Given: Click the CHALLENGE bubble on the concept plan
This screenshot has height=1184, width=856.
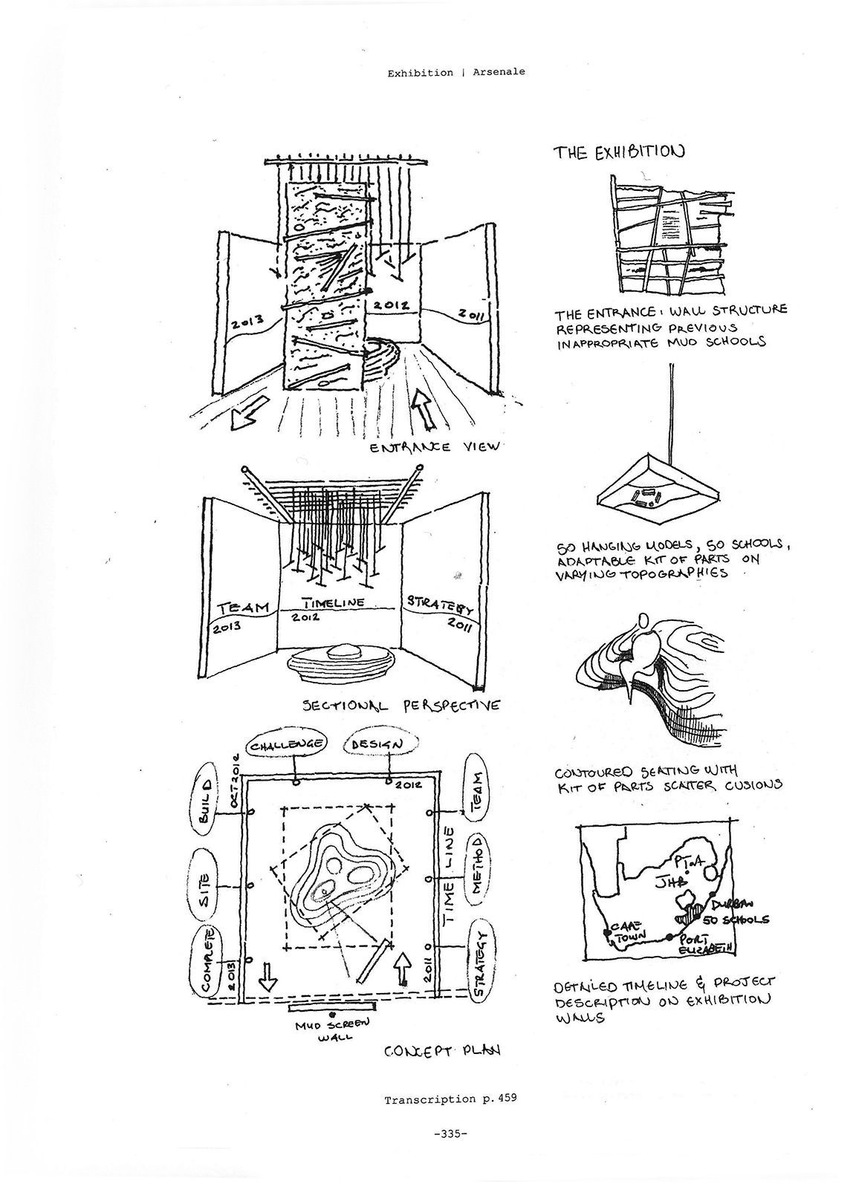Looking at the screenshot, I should (x=286, y=744).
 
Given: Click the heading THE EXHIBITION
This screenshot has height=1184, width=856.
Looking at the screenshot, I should (x=617, y=152).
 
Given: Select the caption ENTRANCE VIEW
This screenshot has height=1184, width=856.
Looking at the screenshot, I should (x=435, y=447).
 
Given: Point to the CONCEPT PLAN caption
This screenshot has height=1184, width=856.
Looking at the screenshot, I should (x=441, y=1051).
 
